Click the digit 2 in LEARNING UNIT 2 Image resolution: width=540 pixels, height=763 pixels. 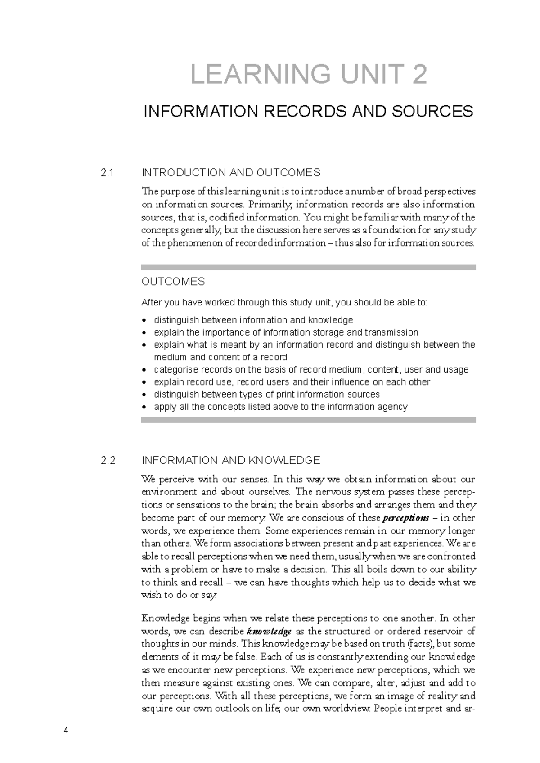[x=419, y=74]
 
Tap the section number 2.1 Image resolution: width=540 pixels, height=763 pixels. [x=108, y=172]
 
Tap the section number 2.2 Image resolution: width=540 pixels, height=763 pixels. [x=108, y=460]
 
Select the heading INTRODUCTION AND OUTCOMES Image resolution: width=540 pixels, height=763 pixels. [x=231, y=172]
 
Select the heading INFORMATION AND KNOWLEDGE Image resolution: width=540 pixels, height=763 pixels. [x=231, y=460]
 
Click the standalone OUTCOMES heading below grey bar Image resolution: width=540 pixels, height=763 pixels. [x=173, y=282]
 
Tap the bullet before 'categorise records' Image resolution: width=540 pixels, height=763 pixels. [x=144, y=370]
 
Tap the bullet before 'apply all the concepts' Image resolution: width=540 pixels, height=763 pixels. [x=144, y=408]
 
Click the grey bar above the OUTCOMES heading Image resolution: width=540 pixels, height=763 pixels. [x=308, y=267]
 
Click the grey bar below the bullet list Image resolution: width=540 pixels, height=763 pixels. [x=308, y=420]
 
